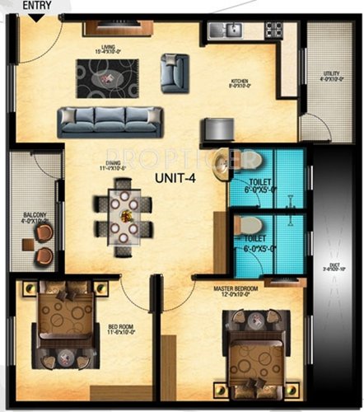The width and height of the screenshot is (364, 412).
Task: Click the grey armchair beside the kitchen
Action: click(x=175, y=72)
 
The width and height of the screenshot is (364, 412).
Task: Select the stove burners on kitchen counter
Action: click(x=273, y=30)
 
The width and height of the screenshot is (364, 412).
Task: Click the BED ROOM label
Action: click(x=120, y=328)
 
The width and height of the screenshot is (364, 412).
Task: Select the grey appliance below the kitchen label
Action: click(x=216, y=129)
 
